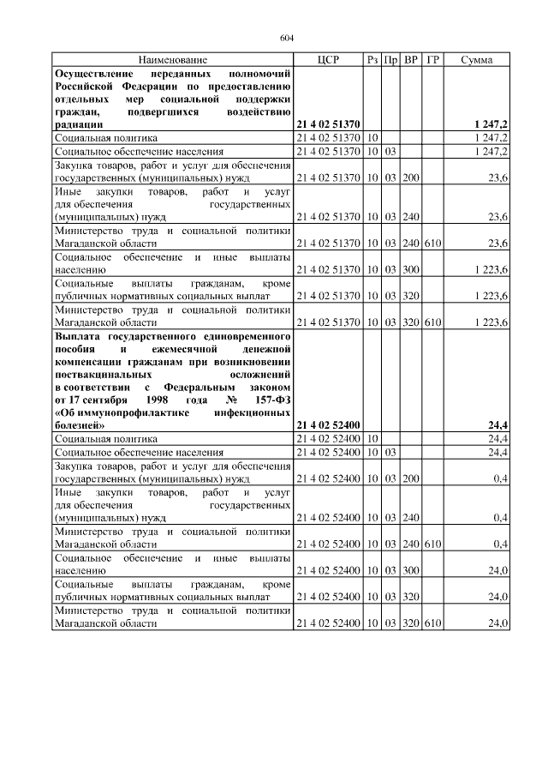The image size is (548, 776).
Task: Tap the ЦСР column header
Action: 329,61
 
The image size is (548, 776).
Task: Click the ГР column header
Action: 433,61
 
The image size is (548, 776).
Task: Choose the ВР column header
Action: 411,61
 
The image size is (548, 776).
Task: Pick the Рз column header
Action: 372,61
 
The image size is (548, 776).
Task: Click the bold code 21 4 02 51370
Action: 329,124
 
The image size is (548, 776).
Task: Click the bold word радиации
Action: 79,124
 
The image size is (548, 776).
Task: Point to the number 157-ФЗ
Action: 270,400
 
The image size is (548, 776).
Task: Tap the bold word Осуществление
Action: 93,75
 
